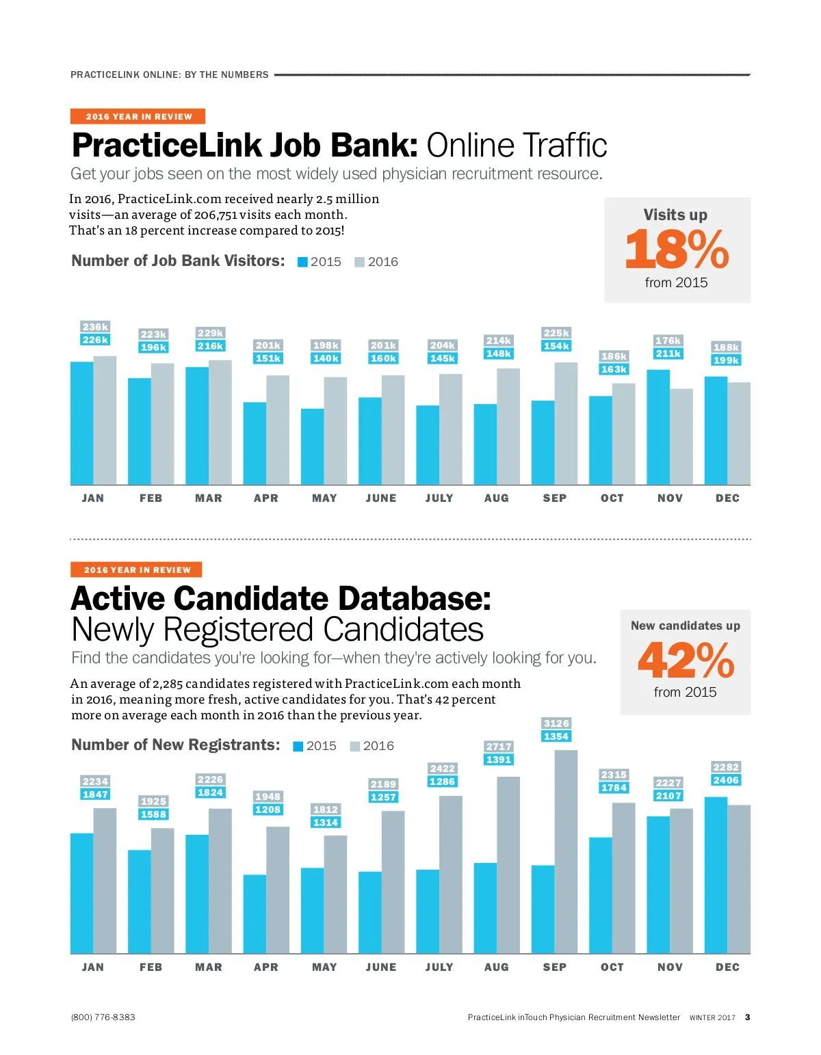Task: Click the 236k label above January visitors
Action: point(95,327)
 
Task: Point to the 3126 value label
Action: point(556,723)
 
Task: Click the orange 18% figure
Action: point(676,249)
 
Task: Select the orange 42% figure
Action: point(685,660)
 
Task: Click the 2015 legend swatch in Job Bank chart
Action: point(302,262)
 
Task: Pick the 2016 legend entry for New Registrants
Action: point(372,746)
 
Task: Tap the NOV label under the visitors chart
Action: point(670,498)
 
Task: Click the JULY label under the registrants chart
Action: point(439,967)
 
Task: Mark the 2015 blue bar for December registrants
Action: point(716,874)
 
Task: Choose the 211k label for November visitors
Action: point(668,353)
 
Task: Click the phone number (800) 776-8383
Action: point(103,1017)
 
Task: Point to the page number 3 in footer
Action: point(747,1017)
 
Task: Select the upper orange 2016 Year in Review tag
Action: point(138,116)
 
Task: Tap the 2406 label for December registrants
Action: point(726,780)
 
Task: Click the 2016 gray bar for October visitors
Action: point(623,433)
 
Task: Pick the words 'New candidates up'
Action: point(685,625)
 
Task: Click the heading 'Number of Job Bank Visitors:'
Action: point(178,261)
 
